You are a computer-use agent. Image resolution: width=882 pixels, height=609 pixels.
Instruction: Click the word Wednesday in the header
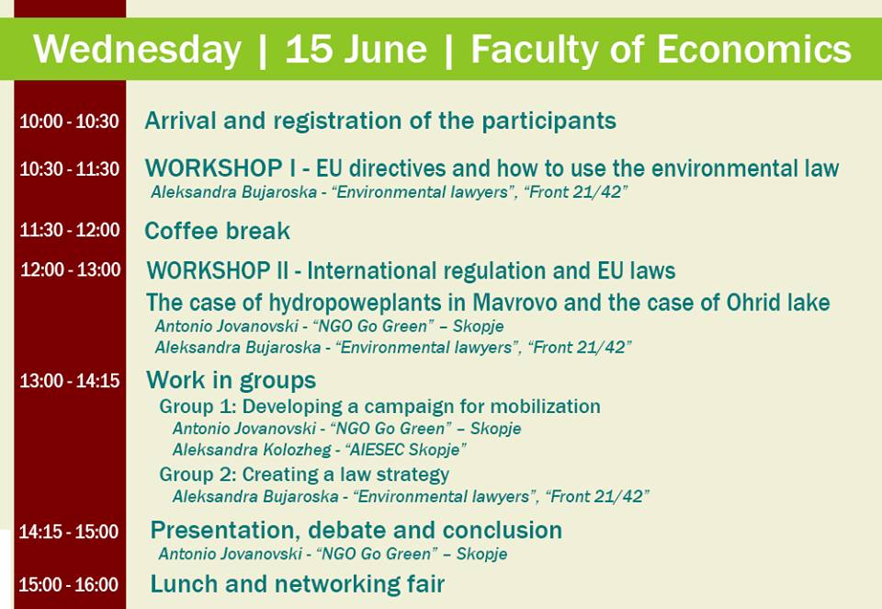pyautogui.click(x=137, y=49)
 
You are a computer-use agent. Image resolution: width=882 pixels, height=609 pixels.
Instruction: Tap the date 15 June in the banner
pyautogui.click(x=356, y=49)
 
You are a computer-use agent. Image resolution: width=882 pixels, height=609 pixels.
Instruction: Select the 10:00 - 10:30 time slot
pyautogui.click(x=69, y=121)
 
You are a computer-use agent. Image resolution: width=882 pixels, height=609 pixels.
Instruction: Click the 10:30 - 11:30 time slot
pyautogui.click(x=69, y=168)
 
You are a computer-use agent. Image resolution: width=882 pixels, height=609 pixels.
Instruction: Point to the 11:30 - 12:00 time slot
pyautogui.click(x=70, y=230)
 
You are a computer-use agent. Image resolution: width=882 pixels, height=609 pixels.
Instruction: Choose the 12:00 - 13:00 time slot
pyautogui.click(x=71, y=270)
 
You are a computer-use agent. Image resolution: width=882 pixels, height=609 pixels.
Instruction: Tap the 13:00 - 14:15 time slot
pyautogui.click(x=70, y=381)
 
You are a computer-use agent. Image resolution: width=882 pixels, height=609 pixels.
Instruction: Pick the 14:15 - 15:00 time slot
pyautogui.click(x=69, y=531)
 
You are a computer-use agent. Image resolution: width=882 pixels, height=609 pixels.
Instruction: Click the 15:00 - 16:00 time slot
pyautogui.click(x=69, y=584)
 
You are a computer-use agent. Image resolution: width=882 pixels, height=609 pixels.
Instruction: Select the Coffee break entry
pyautogui.click(x=217, y=231)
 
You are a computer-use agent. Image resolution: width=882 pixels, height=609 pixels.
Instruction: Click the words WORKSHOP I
pyautogui.click(x=221, y=168)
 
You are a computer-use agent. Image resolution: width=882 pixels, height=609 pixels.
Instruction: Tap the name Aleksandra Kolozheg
pyautogui.click(x=252, y=450)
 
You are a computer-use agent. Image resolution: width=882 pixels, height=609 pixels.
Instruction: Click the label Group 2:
pyautogui.click(x=198, y=475)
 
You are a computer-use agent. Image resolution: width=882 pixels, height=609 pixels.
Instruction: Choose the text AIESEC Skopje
pyautogui.click(x=405, y=450)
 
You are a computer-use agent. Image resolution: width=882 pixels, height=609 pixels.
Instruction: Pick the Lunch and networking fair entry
pyautogui.click(x=298, y=584)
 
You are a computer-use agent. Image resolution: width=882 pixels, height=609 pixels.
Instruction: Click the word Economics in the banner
pyautogui.click(x=753, y=49)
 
